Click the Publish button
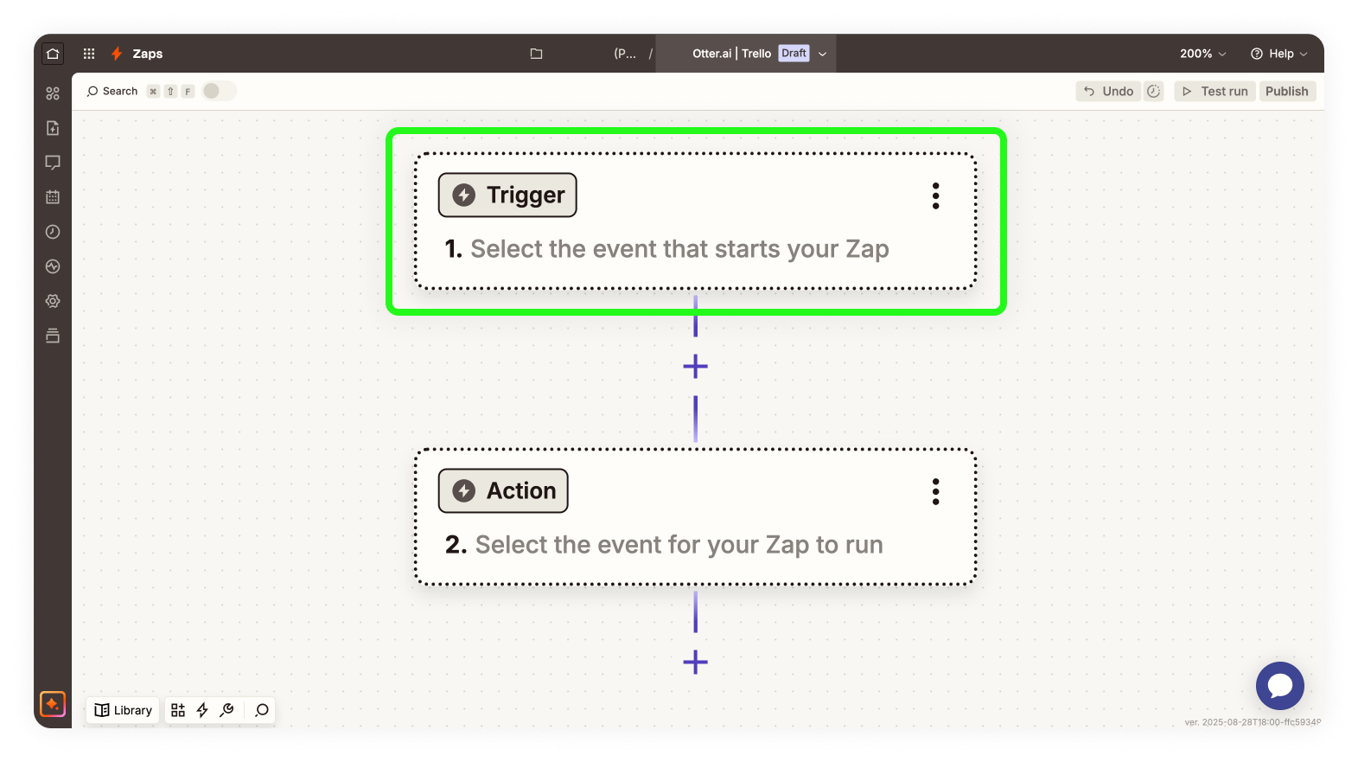click(1286, 91)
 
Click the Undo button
click(1108, 91)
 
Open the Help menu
click(1279, 54)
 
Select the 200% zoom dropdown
click(1202, 54)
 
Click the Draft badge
click(794, 54)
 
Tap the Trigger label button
click(507, 195)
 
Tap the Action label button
click(503, 490)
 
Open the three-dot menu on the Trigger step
click(935, 196)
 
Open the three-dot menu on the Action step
click(935, 491)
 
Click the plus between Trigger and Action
click(695, 367)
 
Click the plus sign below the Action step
click(695, 662)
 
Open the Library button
click(123, 710)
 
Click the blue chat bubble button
click(1280, 686)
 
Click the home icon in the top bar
click(53, 54)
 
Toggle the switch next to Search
click(218, 91)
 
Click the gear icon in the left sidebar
click(53, 301)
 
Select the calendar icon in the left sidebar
click(53, 197)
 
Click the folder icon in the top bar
click(536, 54)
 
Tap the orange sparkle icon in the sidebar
click(53, 704)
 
